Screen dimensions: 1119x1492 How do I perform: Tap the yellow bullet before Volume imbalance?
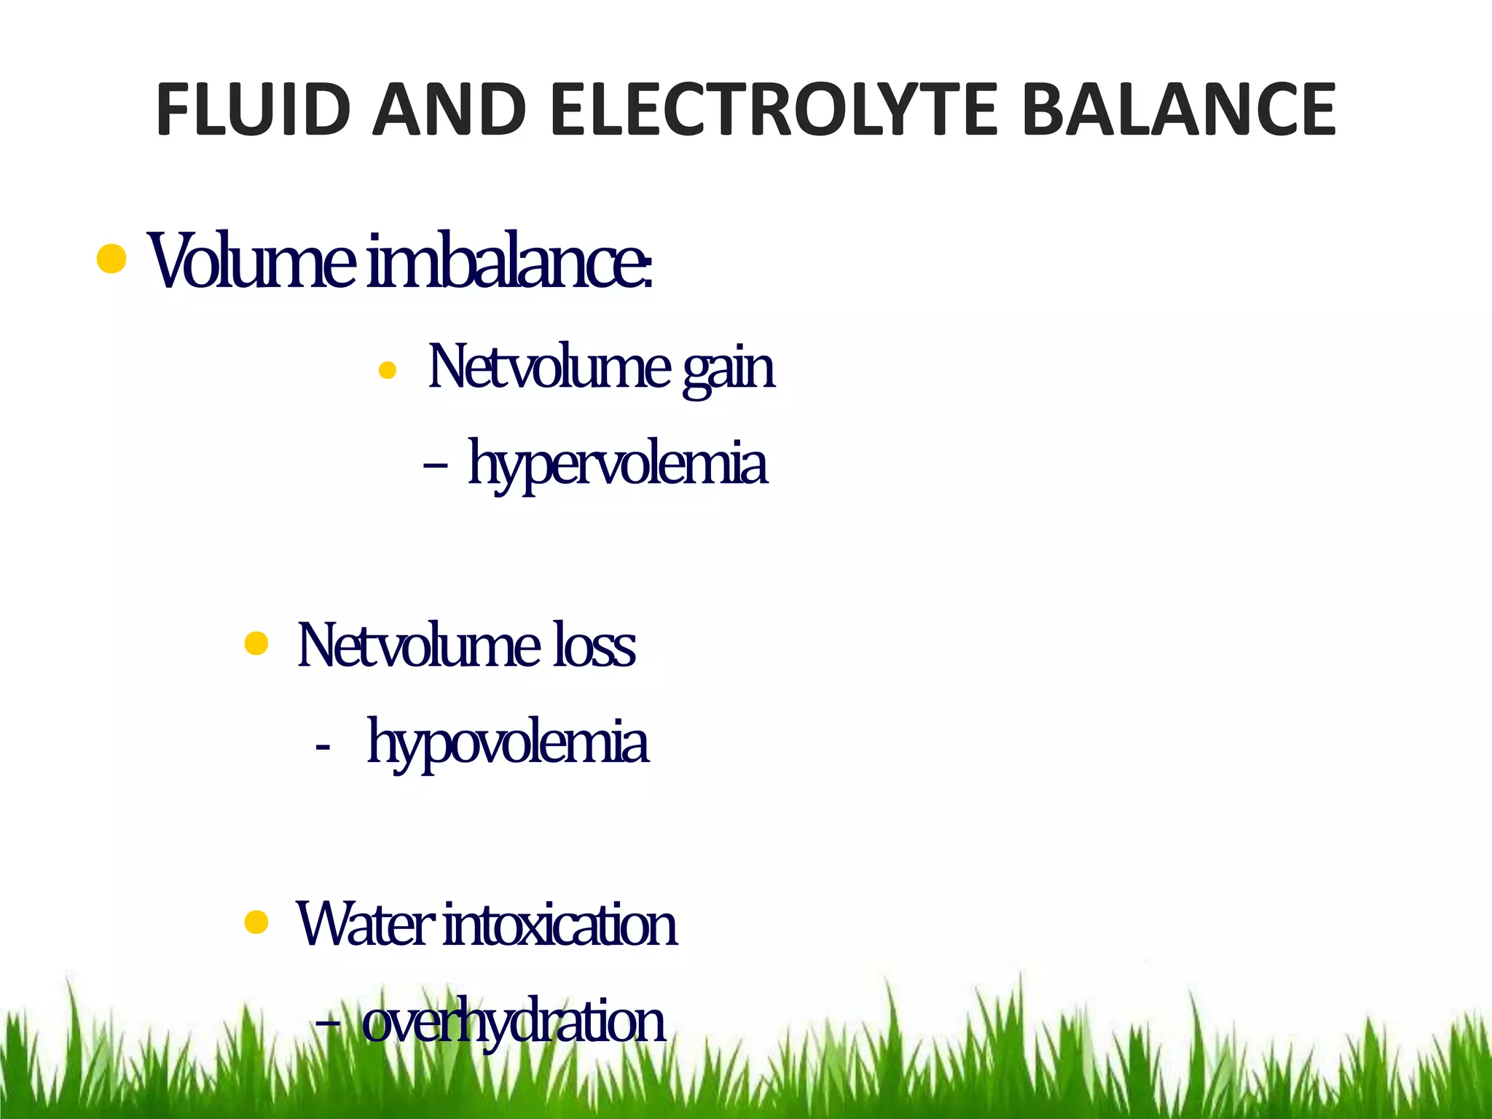(x=111, y=259)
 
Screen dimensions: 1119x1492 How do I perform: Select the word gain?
(x=729, y=370)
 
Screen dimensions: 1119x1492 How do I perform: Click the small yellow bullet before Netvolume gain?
(x=388, y=372)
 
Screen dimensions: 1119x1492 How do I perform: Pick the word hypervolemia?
(x=617, y=465)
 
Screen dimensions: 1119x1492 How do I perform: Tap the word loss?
(x=594, y=645)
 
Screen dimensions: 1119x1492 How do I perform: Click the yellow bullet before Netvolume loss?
(x=256, y=644)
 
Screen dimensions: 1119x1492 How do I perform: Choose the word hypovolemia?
(x=507, y=744)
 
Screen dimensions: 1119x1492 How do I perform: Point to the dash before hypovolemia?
(x=323, y=747)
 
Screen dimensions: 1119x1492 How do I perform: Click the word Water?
(x=365, y=924)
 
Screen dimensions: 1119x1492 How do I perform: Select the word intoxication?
(x=560, y=924)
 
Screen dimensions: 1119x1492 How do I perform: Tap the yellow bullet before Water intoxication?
(x=256, y=923)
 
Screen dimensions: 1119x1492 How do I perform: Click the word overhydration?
(x=514, y=1022)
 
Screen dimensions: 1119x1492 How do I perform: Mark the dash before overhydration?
(x=328, y=1023)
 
